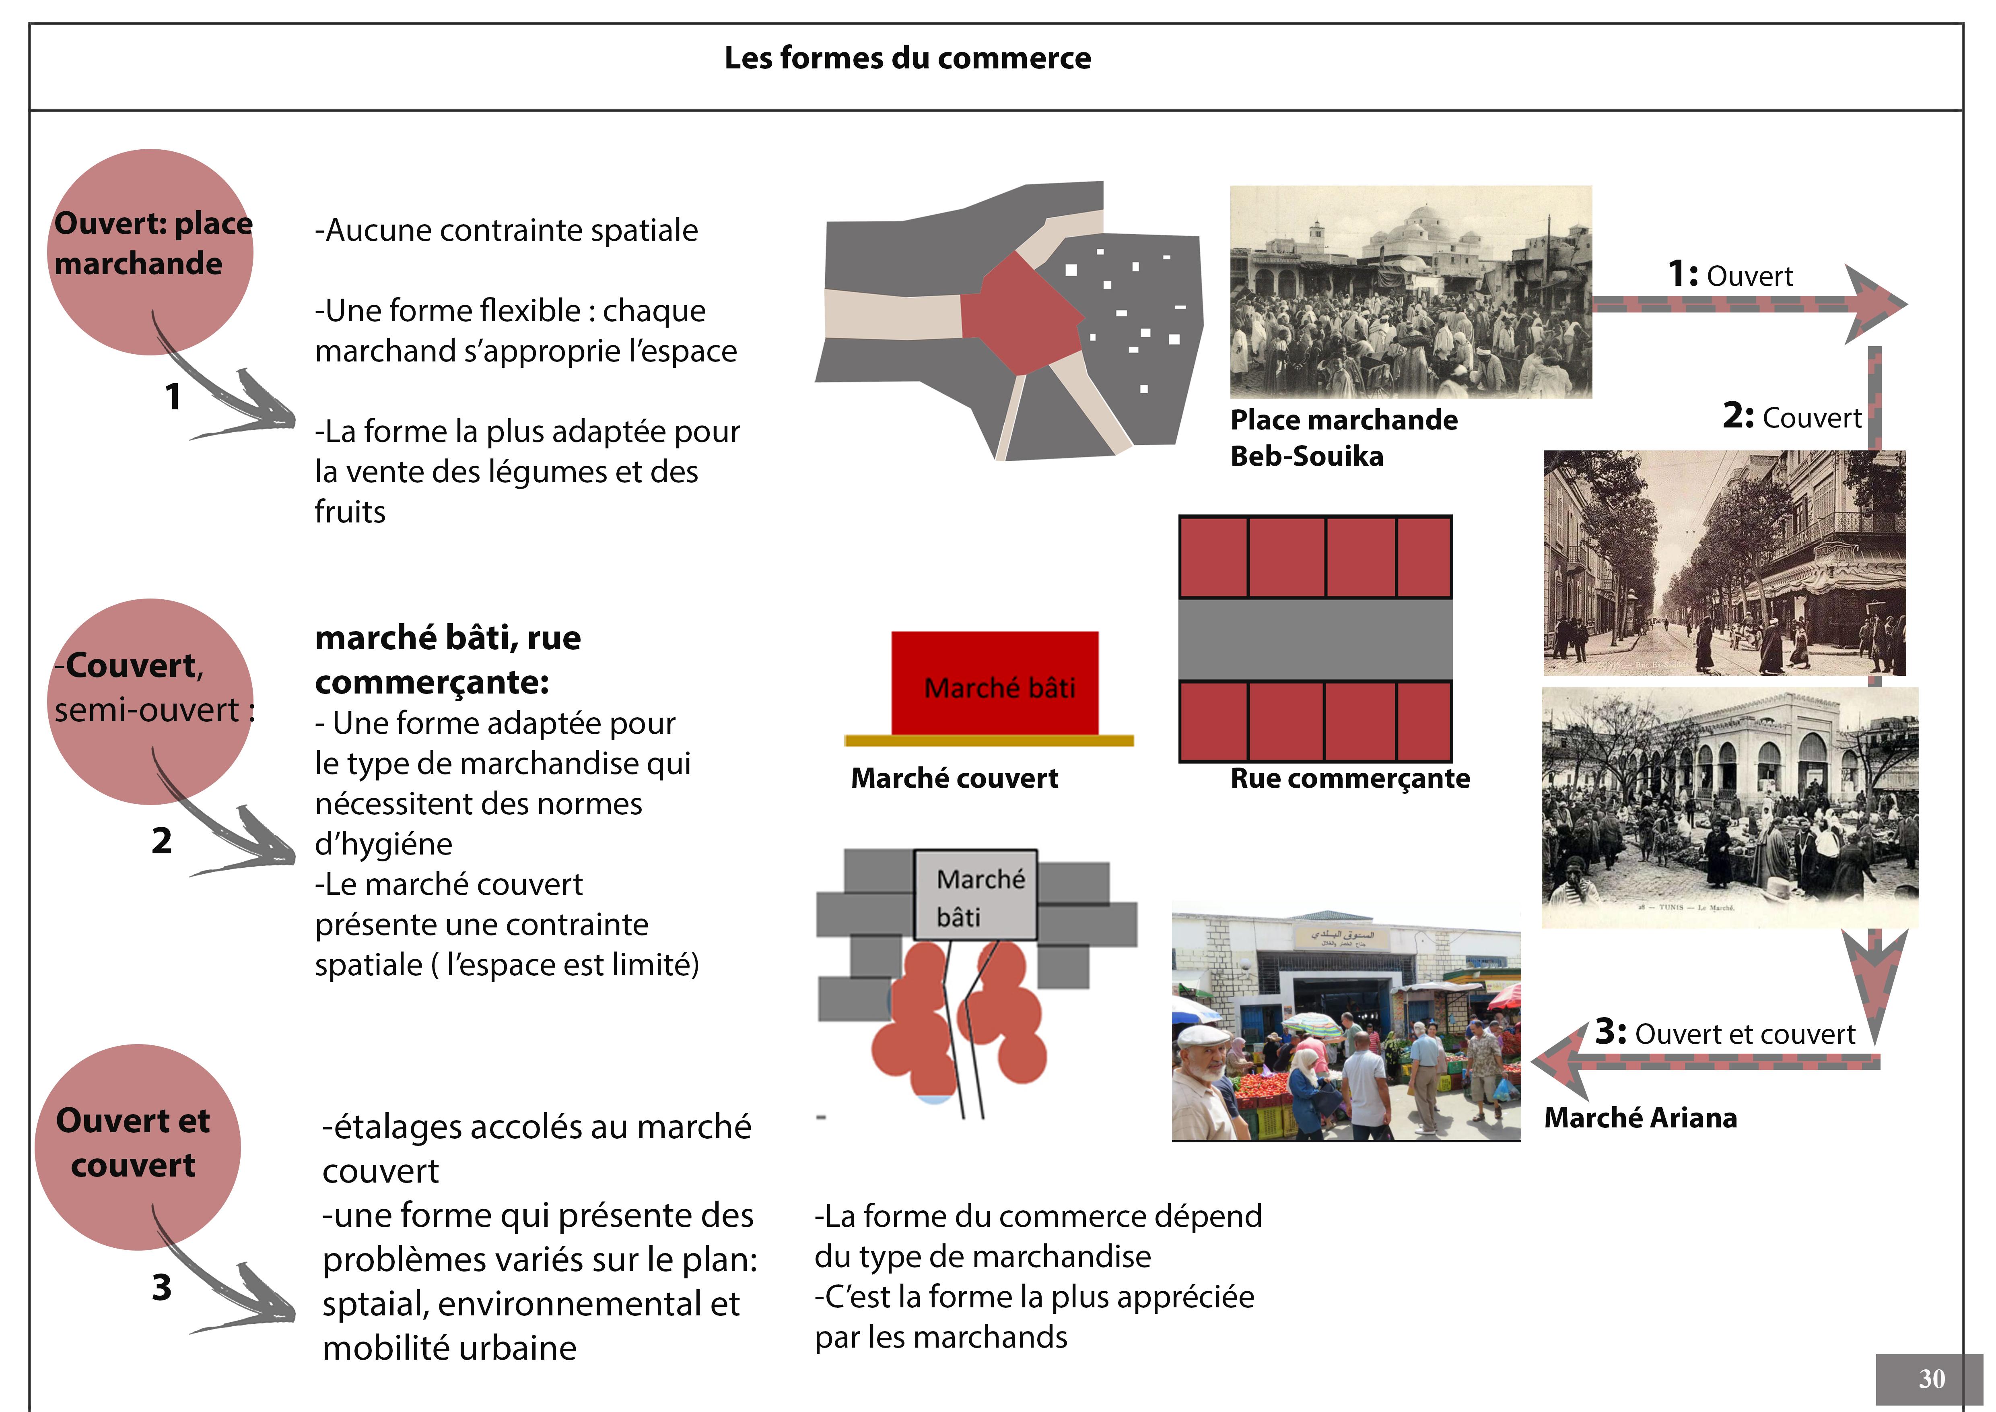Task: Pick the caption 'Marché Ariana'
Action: tap(1640, 1117)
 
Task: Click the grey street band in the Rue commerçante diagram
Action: tap(1314, 639)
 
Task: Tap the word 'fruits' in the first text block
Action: tap(350, 512)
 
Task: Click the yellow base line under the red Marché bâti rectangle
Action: tap(989, 741)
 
